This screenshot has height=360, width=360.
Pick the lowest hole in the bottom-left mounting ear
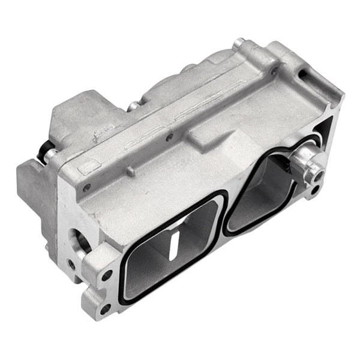pos(105,309)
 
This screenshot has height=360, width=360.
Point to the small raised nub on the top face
pos(129,172)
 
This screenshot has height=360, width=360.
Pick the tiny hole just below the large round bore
pos(71,262)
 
